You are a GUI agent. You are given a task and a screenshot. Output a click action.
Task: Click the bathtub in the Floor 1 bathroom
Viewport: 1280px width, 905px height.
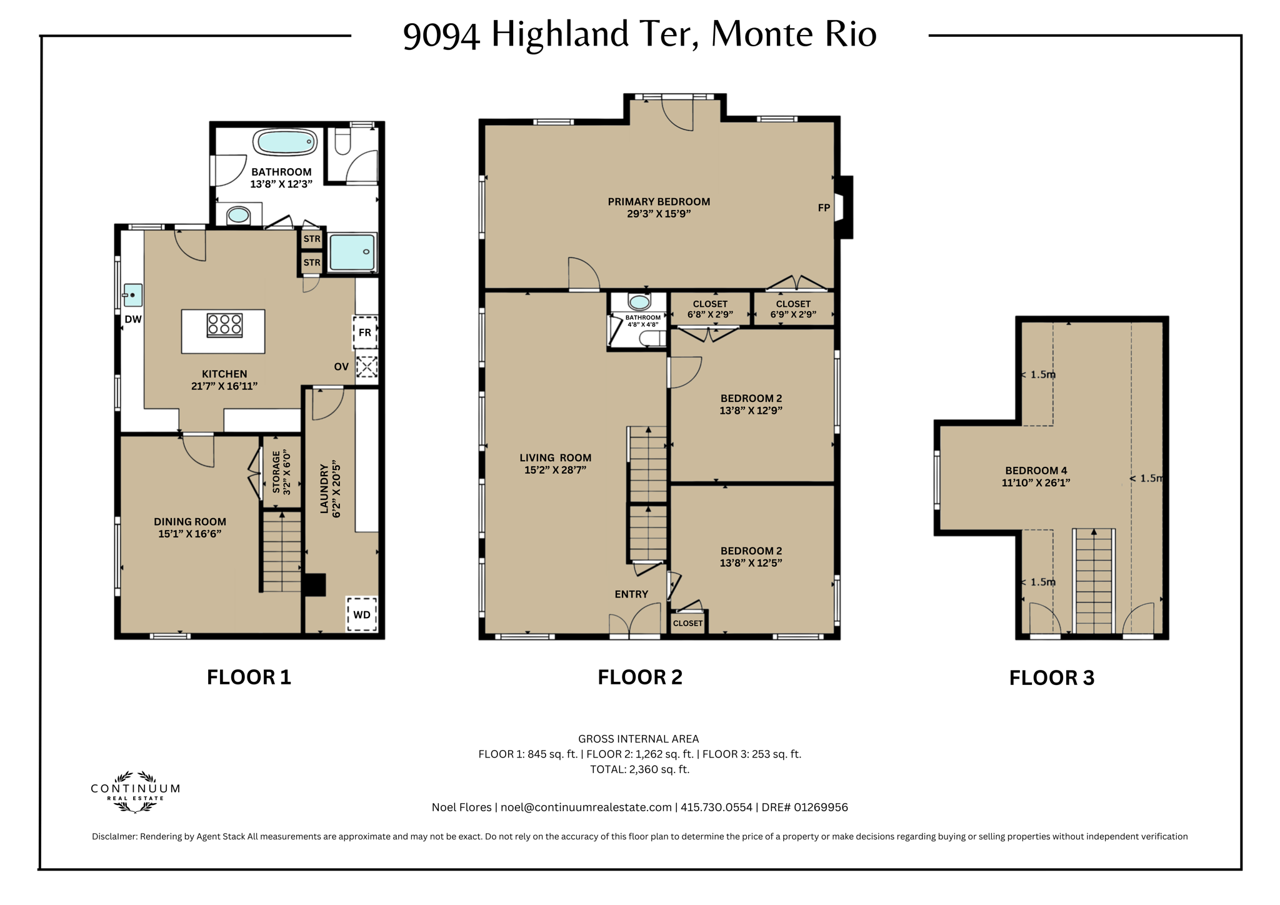pyautogui.click(x=285, y=142)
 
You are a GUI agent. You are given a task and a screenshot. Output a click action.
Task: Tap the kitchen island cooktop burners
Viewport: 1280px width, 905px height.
pyautogui.click(x=224, y=325)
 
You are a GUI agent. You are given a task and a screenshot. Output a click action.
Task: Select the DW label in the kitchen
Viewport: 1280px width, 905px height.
pyautogui.click(x=133, y=319)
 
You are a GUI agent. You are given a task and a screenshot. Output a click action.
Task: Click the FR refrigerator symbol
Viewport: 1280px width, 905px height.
pyautogui.click(x=365, y=332)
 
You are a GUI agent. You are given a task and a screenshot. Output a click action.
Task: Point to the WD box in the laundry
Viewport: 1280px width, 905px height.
pyautogui.click(x=362, y=614)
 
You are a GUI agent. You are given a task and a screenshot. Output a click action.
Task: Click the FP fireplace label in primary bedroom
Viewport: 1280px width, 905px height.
pyautogui.click(x=824, y=208)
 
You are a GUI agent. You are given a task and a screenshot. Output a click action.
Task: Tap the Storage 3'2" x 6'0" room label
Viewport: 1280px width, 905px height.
pyautogui.click(x=281, y=472)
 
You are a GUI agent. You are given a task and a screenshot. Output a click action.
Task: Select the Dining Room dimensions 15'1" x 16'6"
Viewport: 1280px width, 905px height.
pyautogui.click(x=189, y=534)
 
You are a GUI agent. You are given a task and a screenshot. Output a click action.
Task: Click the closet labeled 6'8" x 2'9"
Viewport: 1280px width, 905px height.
pyautogui.click(x=710, y=309)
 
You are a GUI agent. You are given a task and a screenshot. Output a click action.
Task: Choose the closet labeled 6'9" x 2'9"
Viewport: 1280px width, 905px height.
pyautogui.click(x=793, y=309)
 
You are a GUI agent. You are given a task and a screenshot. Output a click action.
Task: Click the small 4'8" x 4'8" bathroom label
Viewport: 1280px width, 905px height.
pyautogui.click(x=642, y=321)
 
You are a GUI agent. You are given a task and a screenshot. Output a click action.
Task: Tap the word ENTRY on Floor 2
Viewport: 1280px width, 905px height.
pyautogui.click(x=631, y=594)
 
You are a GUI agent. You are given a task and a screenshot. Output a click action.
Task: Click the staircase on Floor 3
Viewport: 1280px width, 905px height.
pyautogui.click(x=1094, y=581)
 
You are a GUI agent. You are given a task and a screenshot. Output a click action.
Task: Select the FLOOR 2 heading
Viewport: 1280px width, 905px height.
pyautogui.click(x=639, y=677)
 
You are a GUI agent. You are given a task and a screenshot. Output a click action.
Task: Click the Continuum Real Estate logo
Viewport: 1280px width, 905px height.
pyautogui.click(x=135, y=792)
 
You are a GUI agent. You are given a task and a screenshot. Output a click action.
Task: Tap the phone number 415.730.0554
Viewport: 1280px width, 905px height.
pyautogui.click(x=716, y=807)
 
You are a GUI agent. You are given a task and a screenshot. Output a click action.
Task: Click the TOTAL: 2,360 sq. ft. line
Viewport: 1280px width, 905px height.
pyautogui.click(x=639, y=769)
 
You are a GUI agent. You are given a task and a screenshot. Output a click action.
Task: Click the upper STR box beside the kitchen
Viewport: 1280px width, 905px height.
pyautogui.click(x=312, y=239)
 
